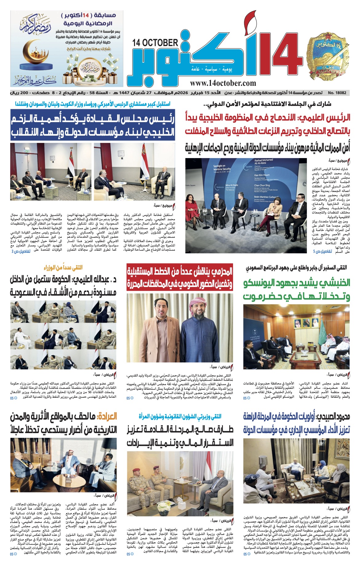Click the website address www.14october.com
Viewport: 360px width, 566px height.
(223, 83)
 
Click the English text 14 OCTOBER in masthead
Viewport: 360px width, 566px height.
(155, 42)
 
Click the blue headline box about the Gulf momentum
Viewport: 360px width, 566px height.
(93, 125)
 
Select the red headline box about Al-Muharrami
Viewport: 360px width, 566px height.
(180, 278)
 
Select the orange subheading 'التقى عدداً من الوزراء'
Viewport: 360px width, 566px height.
(63, 267)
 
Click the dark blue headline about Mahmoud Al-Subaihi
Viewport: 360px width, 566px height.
(296, 423)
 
